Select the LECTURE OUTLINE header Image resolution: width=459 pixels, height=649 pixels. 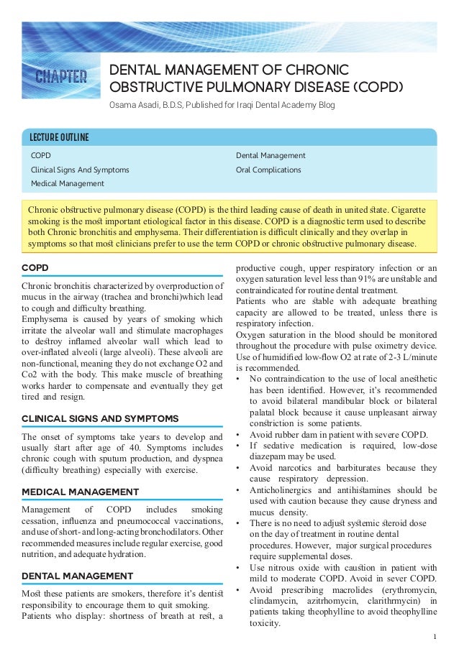click(58, 137)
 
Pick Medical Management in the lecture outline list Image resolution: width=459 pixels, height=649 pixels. click(67, 184)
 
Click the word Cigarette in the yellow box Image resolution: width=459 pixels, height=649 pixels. click(406, 210)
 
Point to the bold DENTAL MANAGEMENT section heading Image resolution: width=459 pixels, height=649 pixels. click(77, 576)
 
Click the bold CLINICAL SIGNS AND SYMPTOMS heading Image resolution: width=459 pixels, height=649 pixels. click(101, 418)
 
